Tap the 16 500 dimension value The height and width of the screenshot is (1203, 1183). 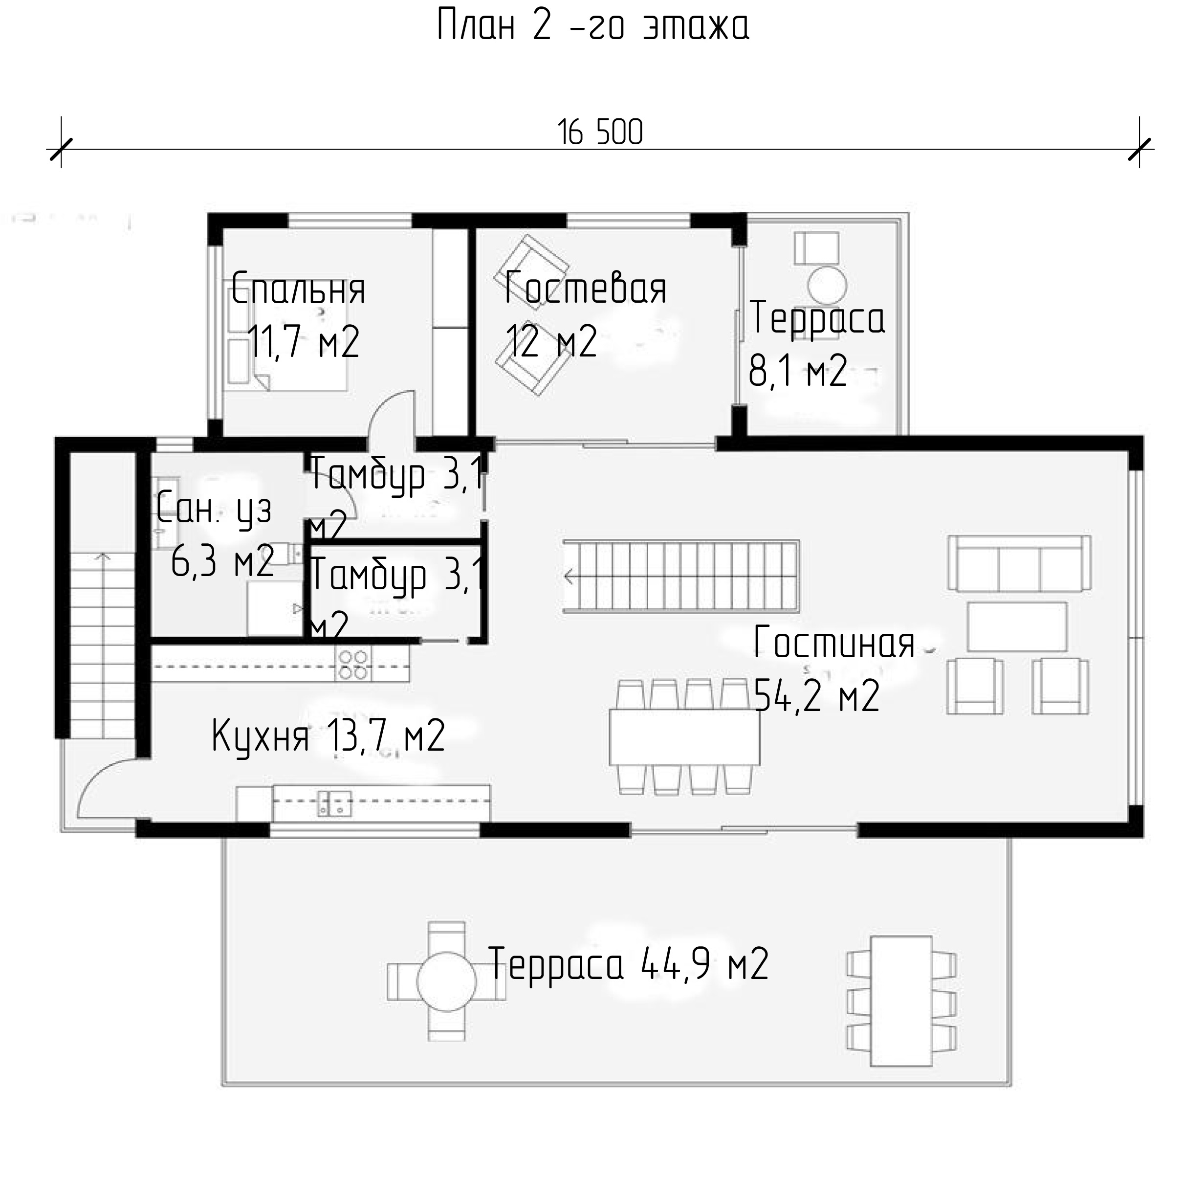coord(600,133)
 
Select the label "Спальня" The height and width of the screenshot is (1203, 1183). coord(298,290)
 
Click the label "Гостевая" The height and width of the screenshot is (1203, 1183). coord(585,288)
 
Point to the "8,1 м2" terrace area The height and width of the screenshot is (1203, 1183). coord(798,372)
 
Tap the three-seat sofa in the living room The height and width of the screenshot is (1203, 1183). coord(1019,563)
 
